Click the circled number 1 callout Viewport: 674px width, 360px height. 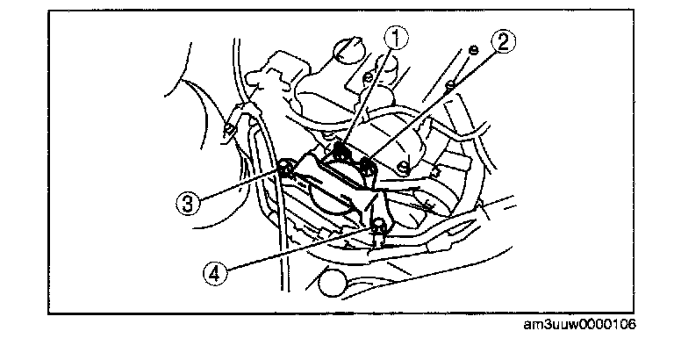(x=396, y=38)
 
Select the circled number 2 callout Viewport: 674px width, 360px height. (x=503, y=42)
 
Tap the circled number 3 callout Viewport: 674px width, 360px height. (x=189, y=203)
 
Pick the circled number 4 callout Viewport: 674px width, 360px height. (x=214, y=273)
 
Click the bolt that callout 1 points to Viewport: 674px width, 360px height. (x=341, y=150)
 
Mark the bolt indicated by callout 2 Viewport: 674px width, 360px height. (x=367, y=164)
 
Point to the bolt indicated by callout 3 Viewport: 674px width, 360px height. (x=285, y=168)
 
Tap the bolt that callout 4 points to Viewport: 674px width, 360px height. (x=379, y=225)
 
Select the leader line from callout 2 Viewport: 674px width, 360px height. (x=432, y=107)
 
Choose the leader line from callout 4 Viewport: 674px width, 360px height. (x=298, y=248)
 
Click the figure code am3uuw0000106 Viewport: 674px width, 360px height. (x=579, y=324)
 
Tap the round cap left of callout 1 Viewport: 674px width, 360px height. (x=349, y=50)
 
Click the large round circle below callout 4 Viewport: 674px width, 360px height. (x=333, y=283)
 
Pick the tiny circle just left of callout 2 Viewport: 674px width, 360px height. (x=473, y=50)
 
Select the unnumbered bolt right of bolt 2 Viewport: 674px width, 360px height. (x=403, y=168)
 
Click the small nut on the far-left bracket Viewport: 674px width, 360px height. (x=228, y=129)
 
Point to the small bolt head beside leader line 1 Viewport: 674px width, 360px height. (x=368, y=78)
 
